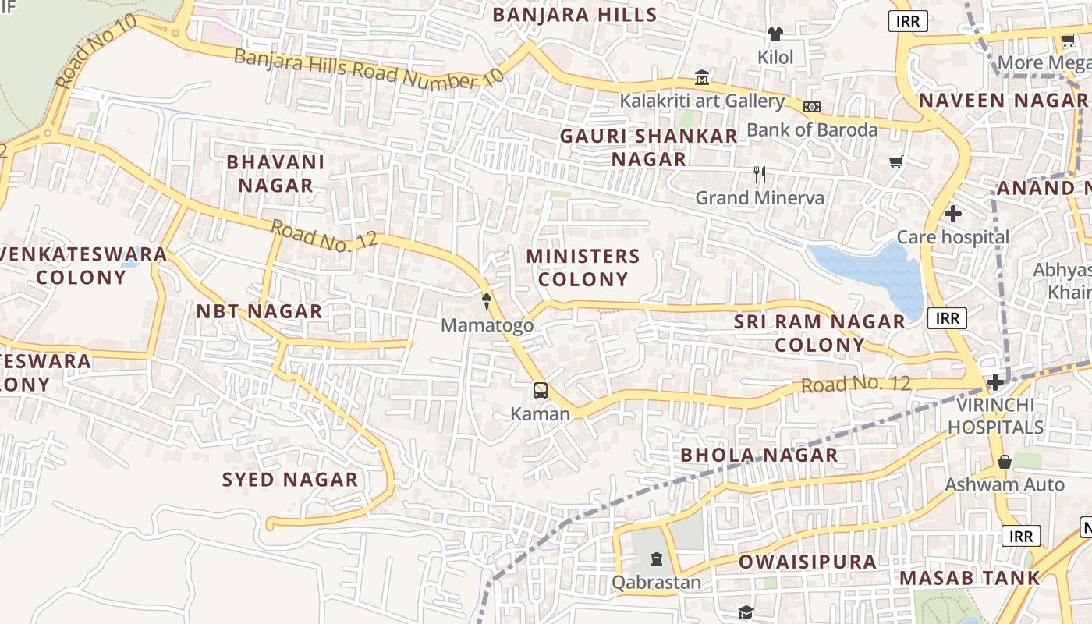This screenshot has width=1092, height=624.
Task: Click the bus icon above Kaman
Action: tap(540, 390)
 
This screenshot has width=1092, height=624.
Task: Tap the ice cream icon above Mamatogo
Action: tap(487, 301)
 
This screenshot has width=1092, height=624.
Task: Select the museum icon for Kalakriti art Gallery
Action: tap(702, 78)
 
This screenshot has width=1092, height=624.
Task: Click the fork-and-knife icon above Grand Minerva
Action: tap(760, 175)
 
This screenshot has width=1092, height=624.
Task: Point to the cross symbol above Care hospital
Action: tap(952, 214)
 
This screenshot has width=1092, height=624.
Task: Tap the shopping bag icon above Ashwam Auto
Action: tap(1005, 462)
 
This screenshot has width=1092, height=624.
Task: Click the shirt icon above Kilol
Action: tap(775, 34)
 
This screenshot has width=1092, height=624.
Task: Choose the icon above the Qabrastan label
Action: tap(657, 559)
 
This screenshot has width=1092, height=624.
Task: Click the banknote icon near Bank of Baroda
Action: tap(812, 106)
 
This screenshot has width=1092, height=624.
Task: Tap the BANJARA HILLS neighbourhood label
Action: tap(574, 15)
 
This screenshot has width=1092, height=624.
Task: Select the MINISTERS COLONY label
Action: tap(583, 268)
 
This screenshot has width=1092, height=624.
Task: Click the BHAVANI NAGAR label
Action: tap(275, 174)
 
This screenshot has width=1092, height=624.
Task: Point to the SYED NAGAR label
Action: tap(290, 480)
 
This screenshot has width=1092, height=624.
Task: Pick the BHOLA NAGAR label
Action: tap(759, 455)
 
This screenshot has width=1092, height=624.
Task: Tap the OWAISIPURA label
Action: tap(807, 562)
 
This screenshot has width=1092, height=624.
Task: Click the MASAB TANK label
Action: tap(970, 578)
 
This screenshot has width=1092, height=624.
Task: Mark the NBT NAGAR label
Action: tap(259, 311)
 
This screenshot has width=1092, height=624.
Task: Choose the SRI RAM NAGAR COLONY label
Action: tap(819, 333)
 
